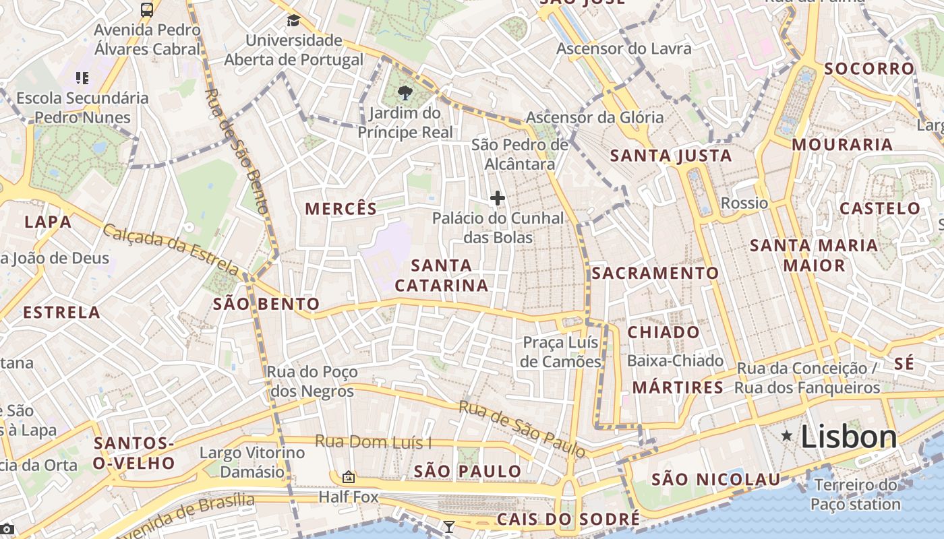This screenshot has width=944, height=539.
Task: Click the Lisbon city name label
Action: (848, 437)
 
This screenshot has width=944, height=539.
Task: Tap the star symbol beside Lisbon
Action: (787, 437)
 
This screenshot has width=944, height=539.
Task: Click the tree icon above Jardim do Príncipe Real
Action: (405, 93)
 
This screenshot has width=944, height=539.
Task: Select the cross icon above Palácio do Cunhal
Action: (498, 198)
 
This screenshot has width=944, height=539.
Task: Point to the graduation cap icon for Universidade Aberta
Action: (293, 20)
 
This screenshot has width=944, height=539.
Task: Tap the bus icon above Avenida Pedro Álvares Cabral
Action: (147, 9)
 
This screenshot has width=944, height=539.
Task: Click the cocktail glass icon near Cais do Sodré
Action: (448, 526)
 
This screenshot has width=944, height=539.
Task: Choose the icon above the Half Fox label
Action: (348, 477)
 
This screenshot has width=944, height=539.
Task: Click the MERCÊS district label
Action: (341, 209)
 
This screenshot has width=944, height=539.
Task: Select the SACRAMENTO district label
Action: (655, 273)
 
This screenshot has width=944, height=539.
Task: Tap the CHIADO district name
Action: (663, 332)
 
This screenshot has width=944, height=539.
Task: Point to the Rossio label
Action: (744, 203)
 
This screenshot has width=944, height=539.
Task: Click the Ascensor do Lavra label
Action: (624, 49)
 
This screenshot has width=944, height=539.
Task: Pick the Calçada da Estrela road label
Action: (171, 249)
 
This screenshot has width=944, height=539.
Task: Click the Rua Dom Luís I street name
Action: (374, 443)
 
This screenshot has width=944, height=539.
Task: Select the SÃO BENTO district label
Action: (266, 304)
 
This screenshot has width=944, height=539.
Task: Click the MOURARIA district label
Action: (842, 144)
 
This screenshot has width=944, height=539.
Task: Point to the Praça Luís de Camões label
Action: (562, 352)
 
